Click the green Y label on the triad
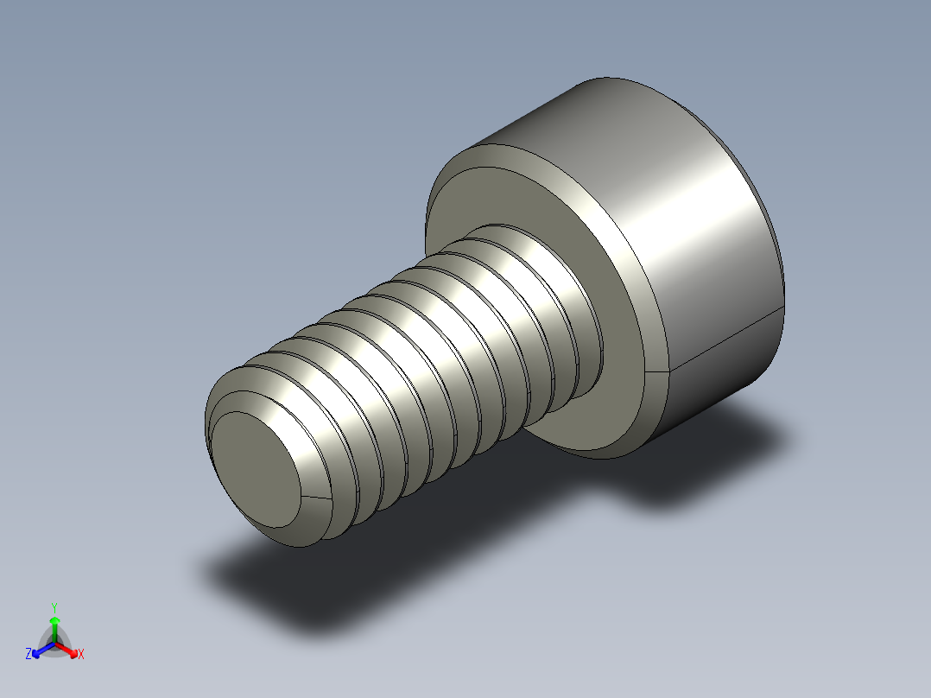click(54, 606)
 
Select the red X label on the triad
click(81, 655)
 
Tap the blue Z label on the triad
click(28, 655)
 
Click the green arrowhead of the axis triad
click(54, 620)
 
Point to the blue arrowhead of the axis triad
click(37, 650)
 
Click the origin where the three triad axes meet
click(54, 643)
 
